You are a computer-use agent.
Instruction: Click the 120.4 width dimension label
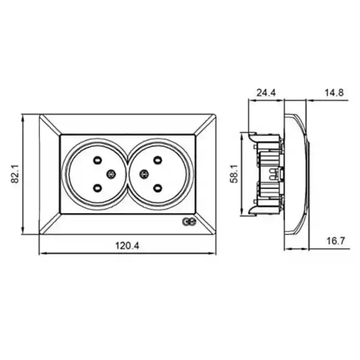point(127,246)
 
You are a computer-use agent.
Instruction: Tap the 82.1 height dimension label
point(15,174)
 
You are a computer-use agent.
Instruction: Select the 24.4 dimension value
point(266,93)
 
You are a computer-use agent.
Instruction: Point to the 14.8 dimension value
point(334,93)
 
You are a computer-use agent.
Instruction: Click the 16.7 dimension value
point(336,241)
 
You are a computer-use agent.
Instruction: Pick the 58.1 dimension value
point(235,174)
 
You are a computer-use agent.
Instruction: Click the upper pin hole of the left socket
point(98,160)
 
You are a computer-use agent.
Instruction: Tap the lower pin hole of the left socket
point(98,188)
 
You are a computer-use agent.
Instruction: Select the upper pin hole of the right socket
point(157,160)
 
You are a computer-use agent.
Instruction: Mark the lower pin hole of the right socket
point(157,188)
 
